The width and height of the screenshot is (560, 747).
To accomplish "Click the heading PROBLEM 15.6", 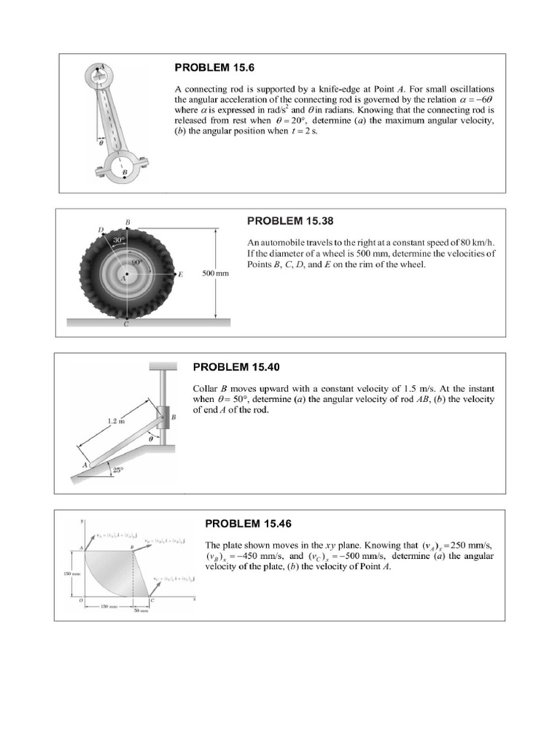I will coord(214,68).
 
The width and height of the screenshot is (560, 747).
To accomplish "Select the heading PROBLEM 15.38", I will coord(291,220).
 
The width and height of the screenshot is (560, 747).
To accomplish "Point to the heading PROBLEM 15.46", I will coord(248,523).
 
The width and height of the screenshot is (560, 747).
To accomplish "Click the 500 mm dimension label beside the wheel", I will coord(215,274).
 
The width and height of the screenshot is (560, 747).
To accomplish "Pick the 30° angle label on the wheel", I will coord(119,239).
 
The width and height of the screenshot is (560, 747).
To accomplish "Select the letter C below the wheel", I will coord(126,325).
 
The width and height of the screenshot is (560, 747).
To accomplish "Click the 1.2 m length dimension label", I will coord(117,421).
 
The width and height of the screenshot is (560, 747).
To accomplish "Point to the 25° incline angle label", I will coord(117,471).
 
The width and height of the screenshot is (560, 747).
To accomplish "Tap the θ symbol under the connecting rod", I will coord(101,143).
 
